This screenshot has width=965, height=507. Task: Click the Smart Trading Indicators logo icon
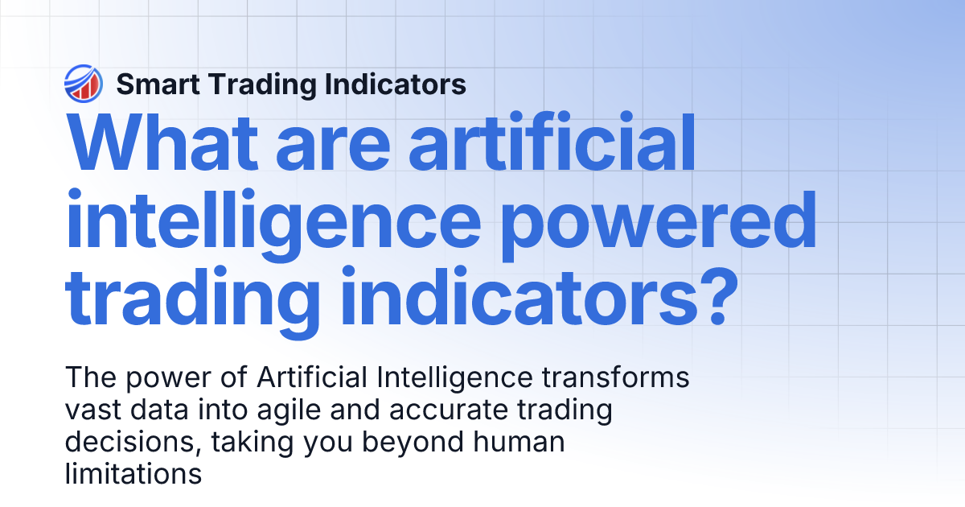82,84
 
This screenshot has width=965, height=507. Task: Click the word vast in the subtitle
93,410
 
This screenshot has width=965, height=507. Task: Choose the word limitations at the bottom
132,474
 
